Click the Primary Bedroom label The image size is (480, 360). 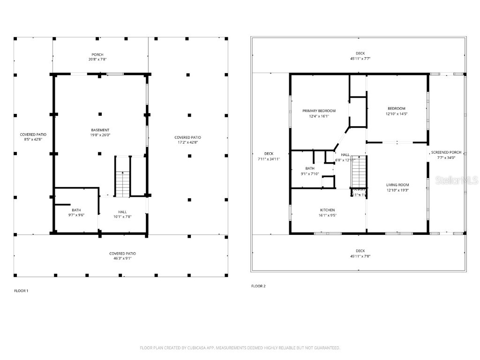pos(319,111)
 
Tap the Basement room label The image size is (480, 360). pos(100,130)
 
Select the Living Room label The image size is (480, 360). pos(397,185)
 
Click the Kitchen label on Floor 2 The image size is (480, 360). pos(327,210)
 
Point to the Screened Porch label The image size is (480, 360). pos(446,152)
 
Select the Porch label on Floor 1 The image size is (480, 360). pos(97,54)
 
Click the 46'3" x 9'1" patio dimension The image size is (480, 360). pos(123,258)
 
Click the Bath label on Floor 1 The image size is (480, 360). pos(76,210)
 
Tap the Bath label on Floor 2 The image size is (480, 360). pos(310,168)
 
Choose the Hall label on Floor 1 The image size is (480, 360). pos(122,211)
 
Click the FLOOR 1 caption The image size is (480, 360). pos(21,291)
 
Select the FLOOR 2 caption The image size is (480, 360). pos(258,286)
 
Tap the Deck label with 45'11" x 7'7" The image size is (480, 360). pos(360,53)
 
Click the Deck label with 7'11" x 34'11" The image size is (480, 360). pos(269,154)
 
